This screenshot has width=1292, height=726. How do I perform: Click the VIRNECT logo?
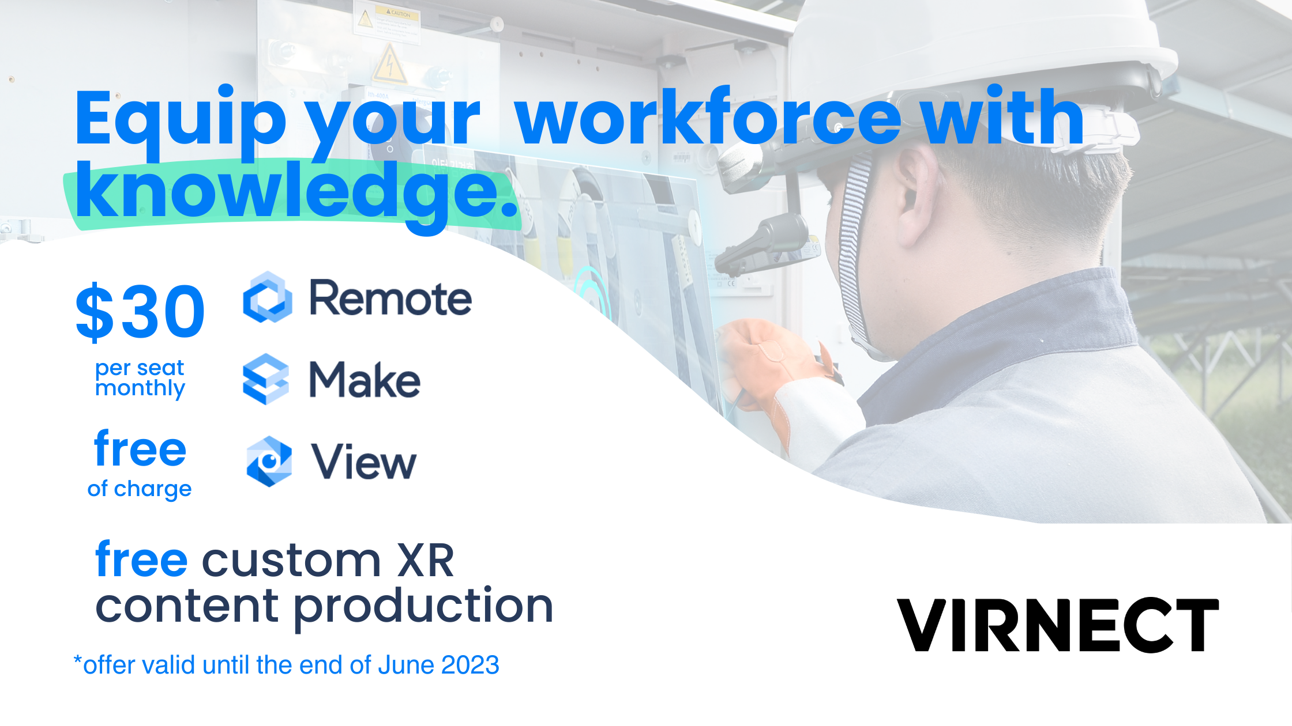[1058, 625]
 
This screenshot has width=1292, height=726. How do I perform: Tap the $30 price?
[140, 312]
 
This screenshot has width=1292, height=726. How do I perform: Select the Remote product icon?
[267, 297]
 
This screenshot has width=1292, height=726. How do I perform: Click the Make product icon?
[266, 379]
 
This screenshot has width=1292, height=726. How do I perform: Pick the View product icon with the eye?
[269, 462]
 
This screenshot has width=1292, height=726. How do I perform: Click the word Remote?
[390, 298]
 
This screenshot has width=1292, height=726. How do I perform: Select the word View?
[364, 462]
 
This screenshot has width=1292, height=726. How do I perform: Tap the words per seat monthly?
[140, 378]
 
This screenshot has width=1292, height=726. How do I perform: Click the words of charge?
[140, 489]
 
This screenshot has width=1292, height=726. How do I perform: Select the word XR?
[426, 561]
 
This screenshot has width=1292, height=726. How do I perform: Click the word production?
[423, 607]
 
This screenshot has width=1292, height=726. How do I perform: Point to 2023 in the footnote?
[470, 665]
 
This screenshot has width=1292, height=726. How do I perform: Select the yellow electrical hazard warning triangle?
[390, 65]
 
